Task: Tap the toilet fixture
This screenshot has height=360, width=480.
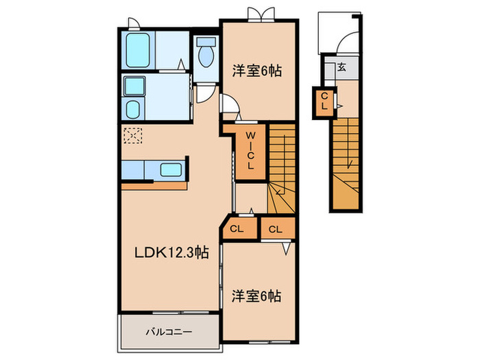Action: (204, 54)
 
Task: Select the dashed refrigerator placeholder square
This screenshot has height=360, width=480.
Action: (132, 136)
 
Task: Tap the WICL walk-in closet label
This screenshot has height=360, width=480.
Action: (250, 152)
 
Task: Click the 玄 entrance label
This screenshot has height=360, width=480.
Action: (341, 67)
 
